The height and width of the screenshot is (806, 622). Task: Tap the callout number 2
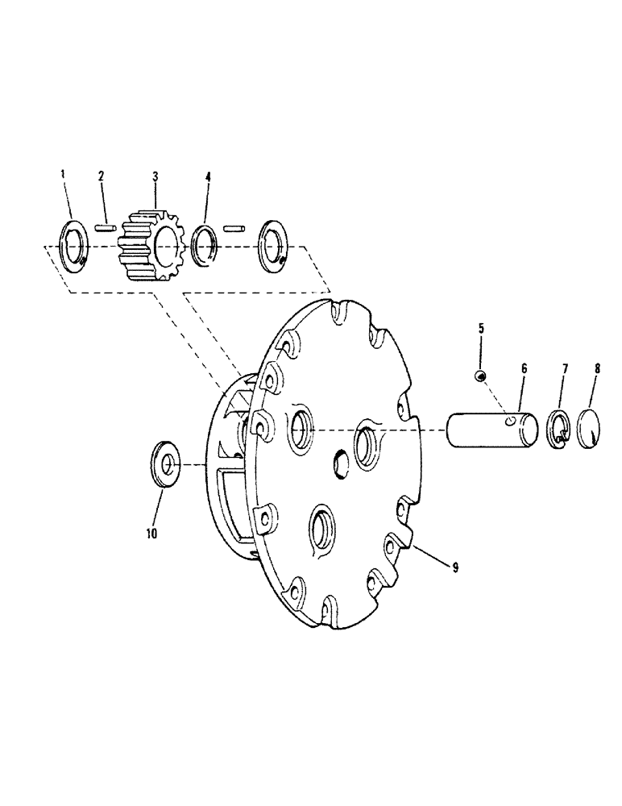click(x=101, y=176)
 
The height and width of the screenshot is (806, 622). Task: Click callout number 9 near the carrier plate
click(x=455, y=567)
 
